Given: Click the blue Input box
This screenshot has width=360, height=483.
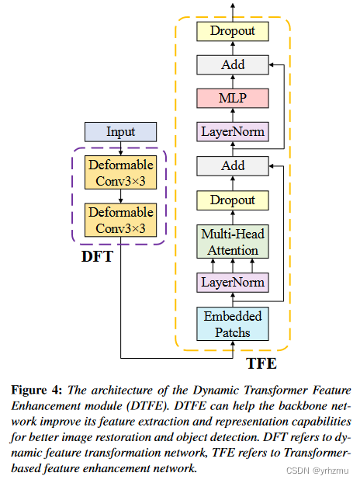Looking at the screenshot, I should coord(120,131).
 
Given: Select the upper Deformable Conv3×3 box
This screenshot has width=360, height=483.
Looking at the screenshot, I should coord(120,172).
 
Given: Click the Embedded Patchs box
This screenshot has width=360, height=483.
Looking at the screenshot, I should coord(233,324).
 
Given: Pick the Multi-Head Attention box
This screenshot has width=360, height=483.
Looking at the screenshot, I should coord(233,241).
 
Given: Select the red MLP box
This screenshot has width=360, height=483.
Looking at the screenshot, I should coord(233,98).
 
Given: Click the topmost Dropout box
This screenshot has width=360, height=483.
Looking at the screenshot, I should coord(233,31).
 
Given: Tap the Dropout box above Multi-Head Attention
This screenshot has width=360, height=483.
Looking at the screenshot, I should coord(233,200).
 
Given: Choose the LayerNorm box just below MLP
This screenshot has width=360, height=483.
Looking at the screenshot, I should coord(233,132).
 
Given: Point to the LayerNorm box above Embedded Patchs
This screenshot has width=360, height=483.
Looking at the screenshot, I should coord(233,282).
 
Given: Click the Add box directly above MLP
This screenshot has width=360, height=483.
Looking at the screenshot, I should coord(233,64).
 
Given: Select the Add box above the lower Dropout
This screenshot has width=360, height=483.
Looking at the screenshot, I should coord(233,165).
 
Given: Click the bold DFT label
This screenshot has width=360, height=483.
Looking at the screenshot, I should coord(98,255).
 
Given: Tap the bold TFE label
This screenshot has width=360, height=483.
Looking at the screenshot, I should coord(262,361).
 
